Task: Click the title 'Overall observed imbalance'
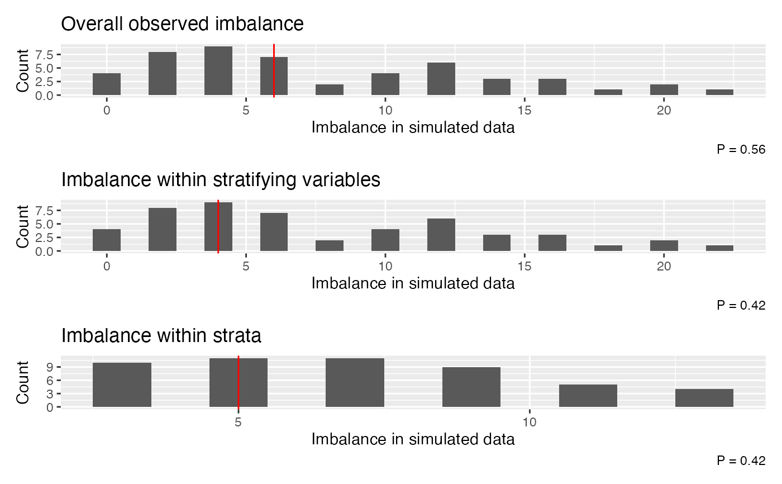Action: coord(182,24)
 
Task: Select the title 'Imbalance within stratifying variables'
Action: coord(221,180)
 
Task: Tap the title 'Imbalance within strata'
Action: coord(161,336)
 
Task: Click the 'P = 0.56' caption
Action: coord(741,149)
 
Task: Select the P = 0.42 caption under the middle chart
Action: coord(741,305)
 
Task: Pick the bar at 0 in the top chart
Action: coord(107,84)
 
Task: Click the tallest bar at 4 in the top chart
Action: coord(218,71)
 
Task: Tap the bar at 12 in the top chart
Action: coord(441,79)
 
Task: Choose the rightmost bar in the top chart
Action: coord(719,92)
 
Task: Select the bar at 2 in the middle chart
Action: coord(163,230)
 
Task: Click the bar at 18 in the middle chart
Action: coord(608,248)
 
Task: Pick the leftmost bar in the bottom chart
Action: coord(122,385)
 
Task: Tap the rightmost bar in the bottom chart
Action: coord(704,398)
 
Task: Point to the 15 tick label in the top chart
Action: coord(524,110)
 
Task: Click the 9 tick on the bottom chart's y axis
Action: coord(50,367)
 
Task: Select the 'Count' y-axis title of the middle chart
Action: coord(23,226)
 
